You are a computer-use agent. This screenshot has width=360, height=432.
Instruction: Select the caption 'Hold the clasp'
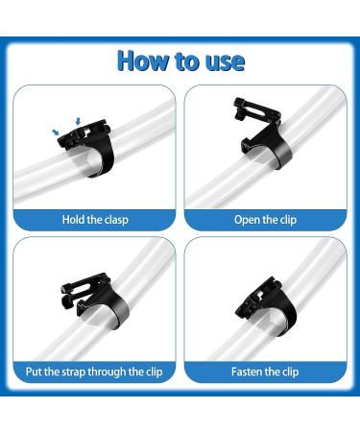pyautogui.click(x=95, y=220)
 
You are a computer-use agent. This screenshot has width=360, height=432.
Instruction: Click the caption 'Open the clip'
pyautogui.click(x=265, y=220)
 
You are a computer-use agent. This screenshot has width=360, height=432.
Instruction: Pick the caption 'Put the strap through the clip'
pyautogui.click(x=94, y=372)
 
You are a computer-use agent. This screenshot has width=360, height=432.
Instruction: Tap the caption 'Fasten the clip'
pyautogui.click(x=265, y=372)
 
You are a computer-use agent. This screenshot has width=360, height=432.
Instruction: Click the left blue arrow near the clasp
pyautogui.click(x=56, y=132)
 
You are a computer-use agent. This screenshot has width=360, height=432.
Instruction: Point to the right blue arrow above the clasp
pyautogui.click(x=78, y=122)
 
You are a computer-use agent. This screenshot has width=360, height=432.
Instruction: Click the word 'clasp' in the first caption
pyautogui.click(x=116, y=220)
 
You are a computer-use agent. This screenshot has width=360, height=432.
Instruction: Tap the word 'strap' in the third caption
pyautogui.click(x=74, y=372)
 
